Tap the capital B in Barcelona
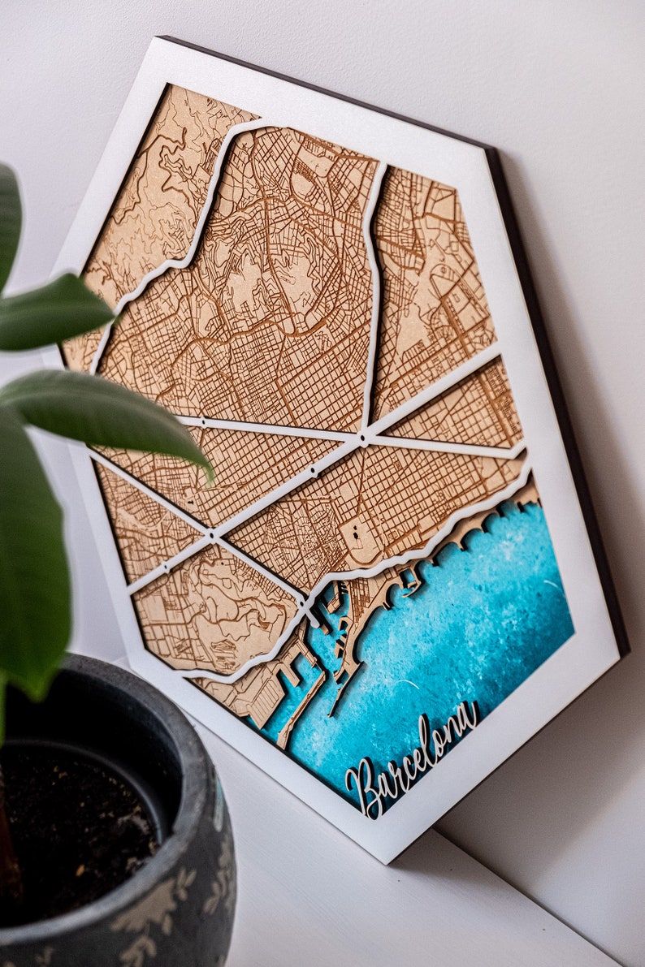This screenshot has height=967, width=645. (362, 786)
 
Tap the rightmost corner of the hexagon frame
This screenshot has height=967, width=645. (626, 650)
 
